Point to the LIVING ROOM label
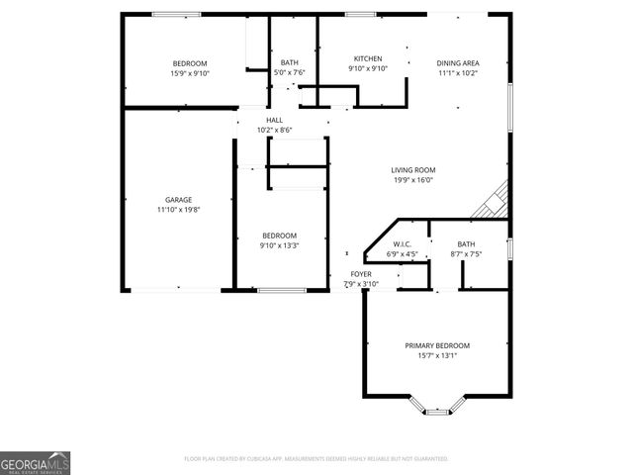pos(412,170)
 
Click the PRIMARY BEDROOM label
pos(437,345)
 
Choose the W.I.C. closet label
pos(402,243)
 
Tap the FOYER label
pos(361,274)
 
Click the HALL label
pos(274,120)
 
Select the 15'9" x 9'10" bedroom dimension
pos(190,73)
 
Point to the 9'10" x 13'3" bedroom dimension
pos(279,245)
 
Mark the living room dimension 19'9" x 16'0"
pos(412,180)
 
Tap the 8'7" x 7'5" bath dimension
pos(466,254)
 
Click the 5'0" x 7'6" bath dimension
pos(290,72)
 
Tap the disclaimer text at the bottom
pos(316,459)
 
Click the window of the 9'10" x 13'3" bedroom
pos(280,290)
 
